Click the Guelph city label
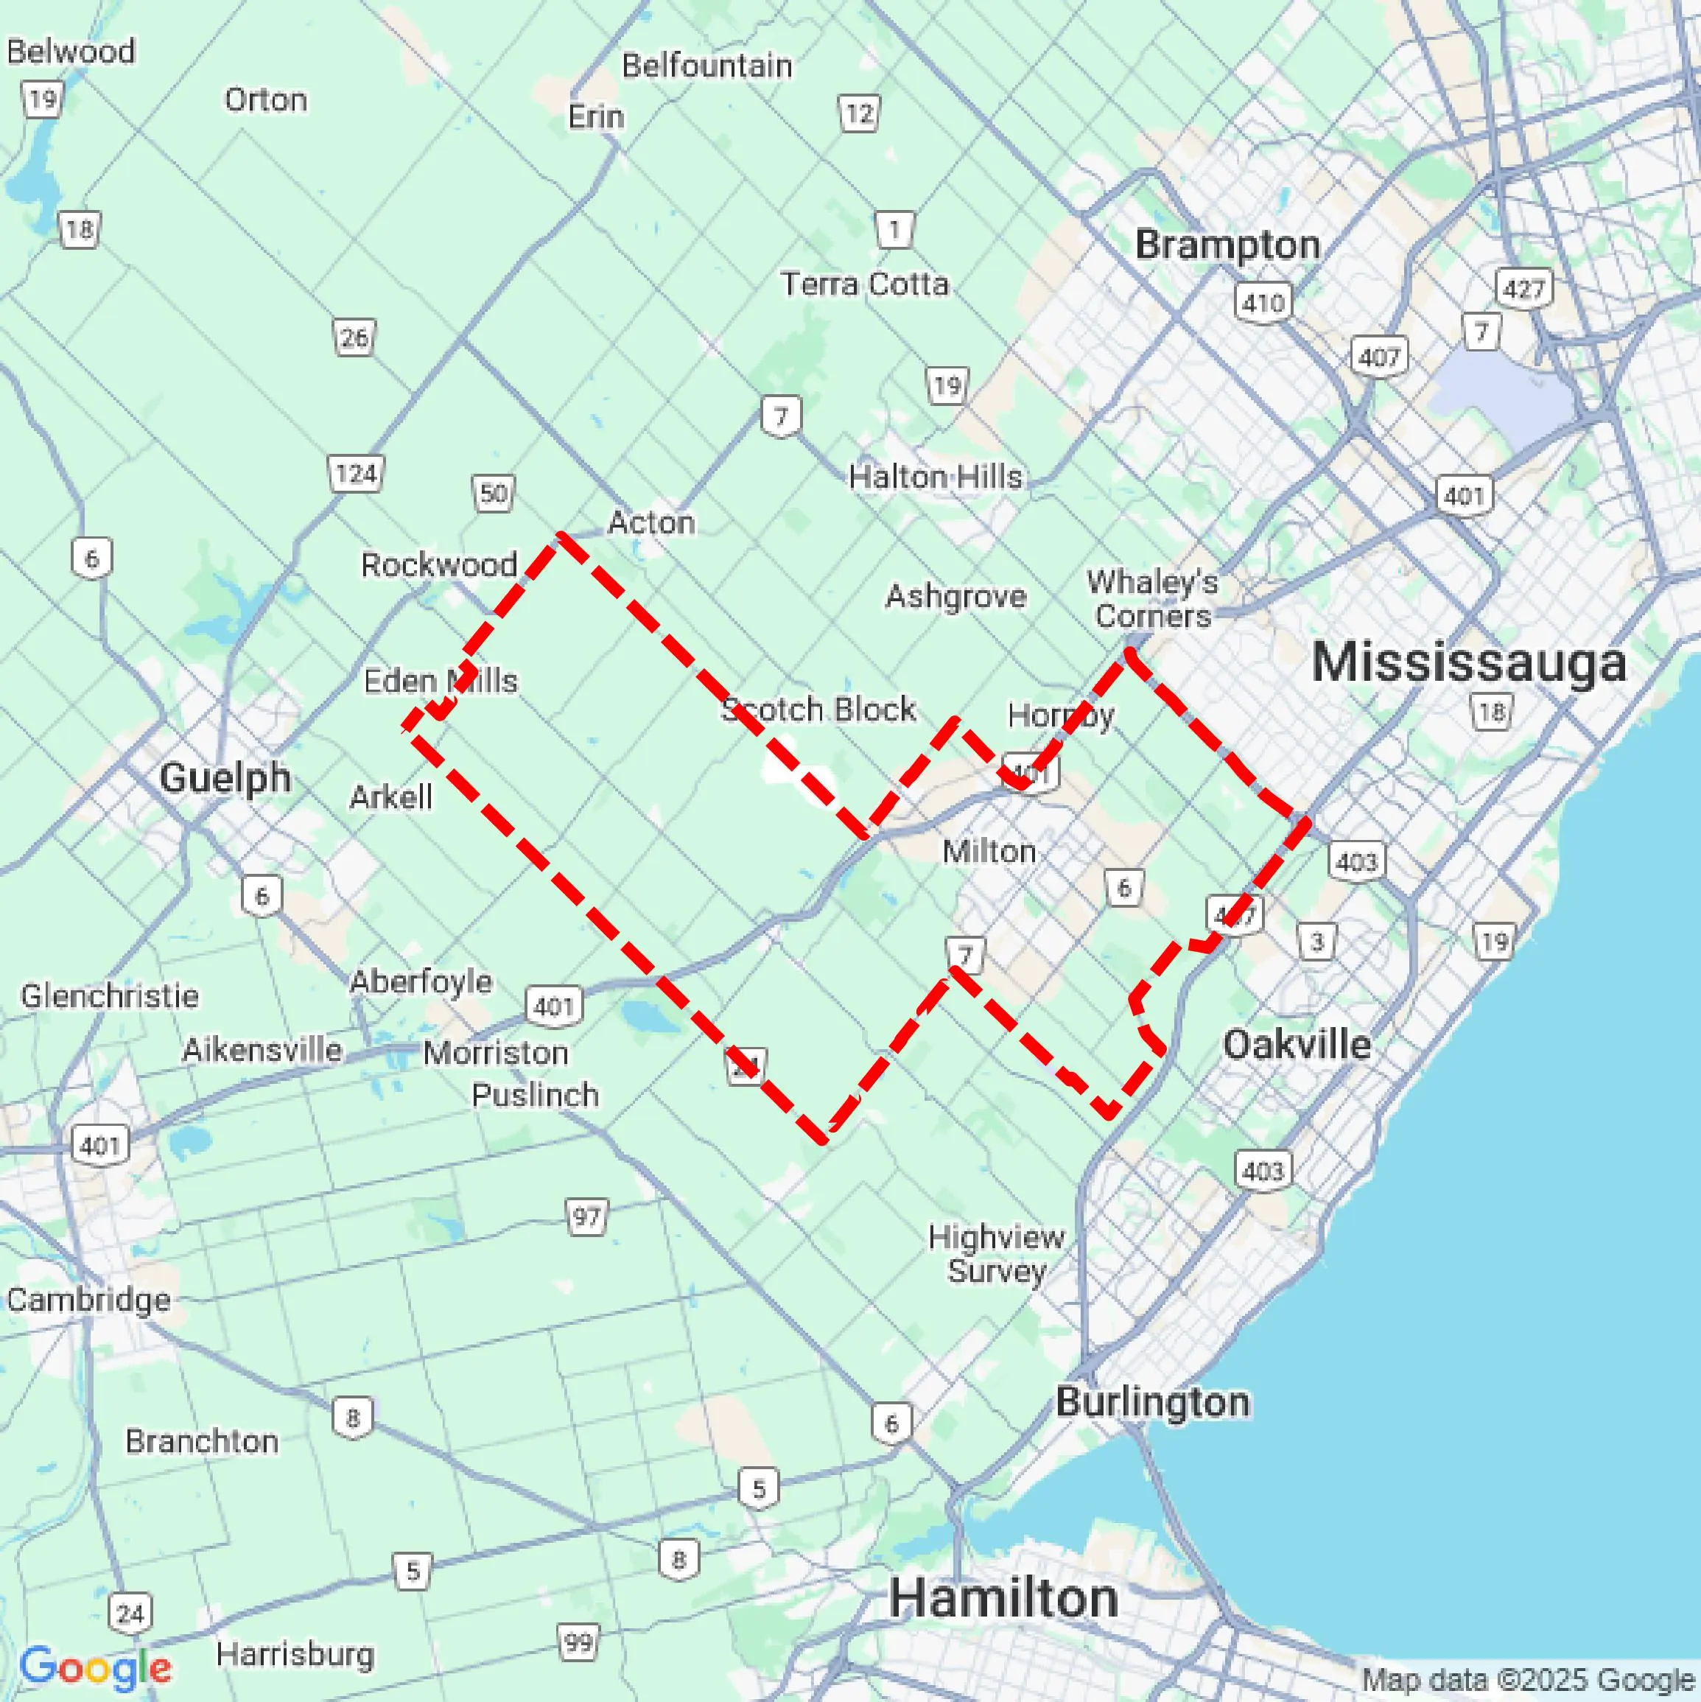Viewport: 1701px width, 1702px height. (225, 778)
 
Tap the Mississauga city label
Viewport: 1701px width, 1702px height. (1467, 662)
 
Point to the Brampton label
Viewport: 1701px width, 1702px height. (1227, 245)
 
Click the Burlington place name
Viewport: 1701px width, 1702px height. (1152, 1401)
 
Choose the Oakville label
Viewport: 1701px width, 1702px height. (1297, 1045)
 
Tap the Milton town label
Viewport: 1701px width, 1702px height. (989, 851)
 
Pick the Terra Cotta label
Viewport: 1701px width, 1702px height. (864, 284)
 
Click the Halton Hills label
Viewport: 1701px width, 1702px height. (936, 477)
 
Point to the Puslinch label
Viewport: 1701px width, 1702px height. (535, 1095)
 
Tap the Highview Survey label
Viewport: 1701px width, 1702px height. (996, 1253)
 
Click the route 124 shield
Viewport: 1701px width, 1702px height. (355, 474)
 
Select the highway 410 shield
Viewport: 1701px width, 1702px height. (1263, 303)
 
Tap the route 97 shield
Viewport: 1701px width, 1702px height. (586, 1217)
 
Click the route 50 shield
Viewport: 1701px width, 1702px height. (494, 494)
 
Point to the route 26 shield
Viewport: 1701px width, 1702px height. (354, 337)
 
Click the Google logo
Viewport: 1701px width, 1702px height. (95, 1667)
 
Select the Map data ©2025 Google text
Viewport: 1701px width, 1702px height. (1529, 1681)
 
